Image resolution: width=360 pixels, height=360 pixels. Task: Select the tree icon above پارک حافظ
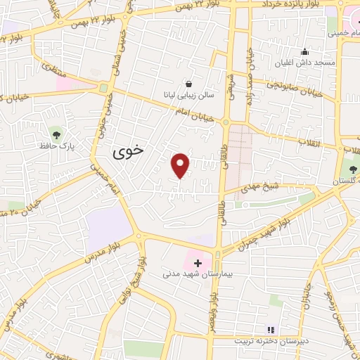tap(56, 134)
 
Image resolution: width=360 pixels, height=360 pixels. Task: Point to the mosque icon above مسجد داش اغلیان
tap(304, 51)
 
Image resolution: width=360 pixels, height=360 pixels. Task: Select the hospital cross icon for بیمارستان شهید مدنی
tap(198, 264)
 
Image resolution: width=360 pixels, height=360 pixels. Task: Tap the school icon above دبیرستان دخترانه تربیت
tap(271, 330)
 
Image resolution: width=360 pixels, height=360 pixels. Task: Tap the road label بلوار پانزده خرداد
tap(295, 5)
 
